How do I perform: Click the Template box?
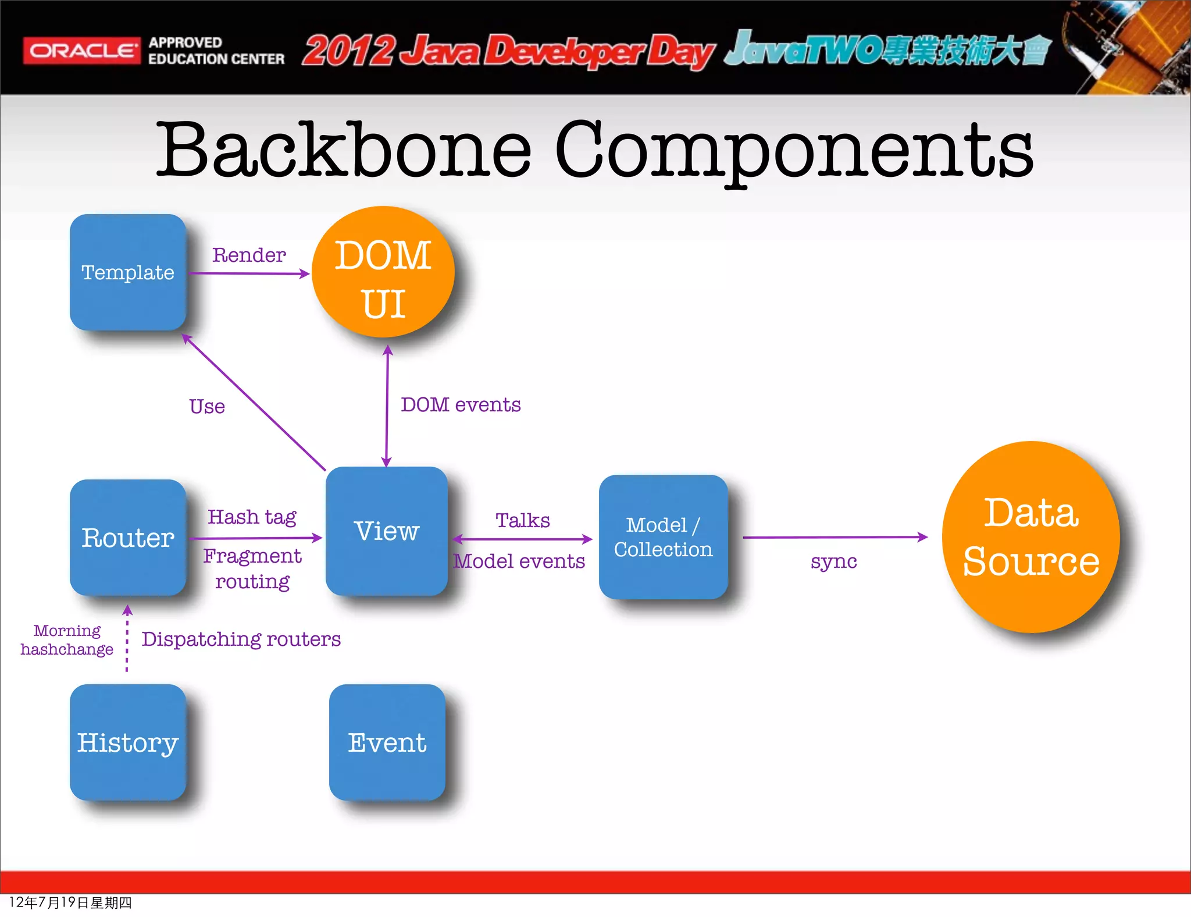point(127,272)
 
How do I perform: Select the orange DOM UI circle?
point(383,272)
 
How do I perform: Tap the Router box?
point(127,537)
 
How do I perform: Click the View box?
point(386,531)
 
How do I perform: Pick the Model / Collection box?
point(663,537)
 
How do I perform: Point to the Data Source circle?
point(1030,537)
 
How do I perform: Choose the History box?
point(127,742)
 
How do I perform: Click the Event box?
point(387,742)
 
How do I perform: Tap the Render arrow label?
point(249,255)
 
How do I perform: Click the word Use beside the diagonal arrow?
point(207,406)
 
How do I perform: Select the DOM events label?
point(461,404)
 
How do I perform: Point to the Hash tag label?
point(252,517)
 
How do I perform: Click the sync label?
point(833,561)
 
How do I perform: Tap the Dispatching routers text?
point(241,639)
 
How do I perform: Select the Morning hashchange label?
point(67,639)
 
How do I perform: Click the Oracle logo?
point(81,51)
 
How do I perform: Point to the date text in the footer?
point(70,902)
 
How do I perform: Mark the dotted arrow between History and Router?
point(127,640)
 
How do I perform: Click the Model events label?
point(519,561)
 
